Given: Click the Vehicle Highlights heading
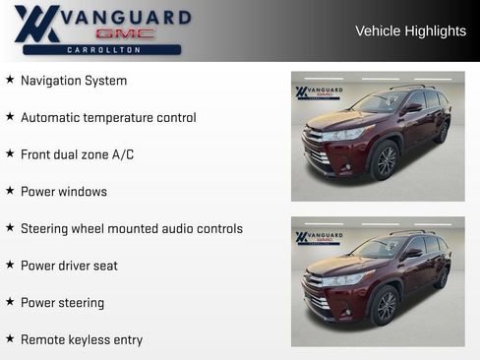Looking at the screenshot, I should click(410, 31).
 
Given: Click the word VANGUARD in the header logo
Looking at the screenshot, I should click(125, 16).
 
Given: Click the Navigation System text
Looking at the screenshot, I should click(74, 81).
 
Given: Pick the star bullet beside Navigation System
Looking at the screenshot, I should click(10, 80).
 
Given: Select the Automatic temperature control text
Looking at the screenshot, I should click(108, 118).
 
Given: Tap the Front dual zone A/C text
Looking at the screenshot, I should click(77, 154).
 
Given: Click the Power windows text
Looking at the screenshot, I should click(64, 192).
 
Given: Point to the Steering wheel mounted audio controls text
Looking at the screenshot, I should click(131, 229).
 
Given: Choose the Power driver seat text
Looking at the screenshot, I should click(69, 266).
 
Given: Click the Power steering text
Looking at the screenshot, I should click(62, 303).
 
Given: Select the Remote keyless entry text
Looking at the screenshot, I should click(82, 340).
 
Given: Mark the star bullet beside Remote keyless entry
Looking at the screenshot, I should click(10, 339).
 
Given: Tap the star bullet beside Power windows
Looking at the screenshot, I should click(10, 191).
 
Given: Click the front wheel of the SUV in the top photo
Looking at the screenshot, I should click(386, 161).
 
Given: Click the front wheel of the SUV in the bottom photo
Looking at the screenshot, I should click(386, 306).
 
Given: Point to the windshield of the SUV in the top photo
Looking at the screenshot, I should click(379, 103).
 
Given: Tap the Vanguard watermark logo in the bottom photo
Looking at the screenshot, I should click(318, 238).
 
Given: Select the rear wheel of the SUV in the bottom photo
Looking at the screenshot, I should click(442, 278).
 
